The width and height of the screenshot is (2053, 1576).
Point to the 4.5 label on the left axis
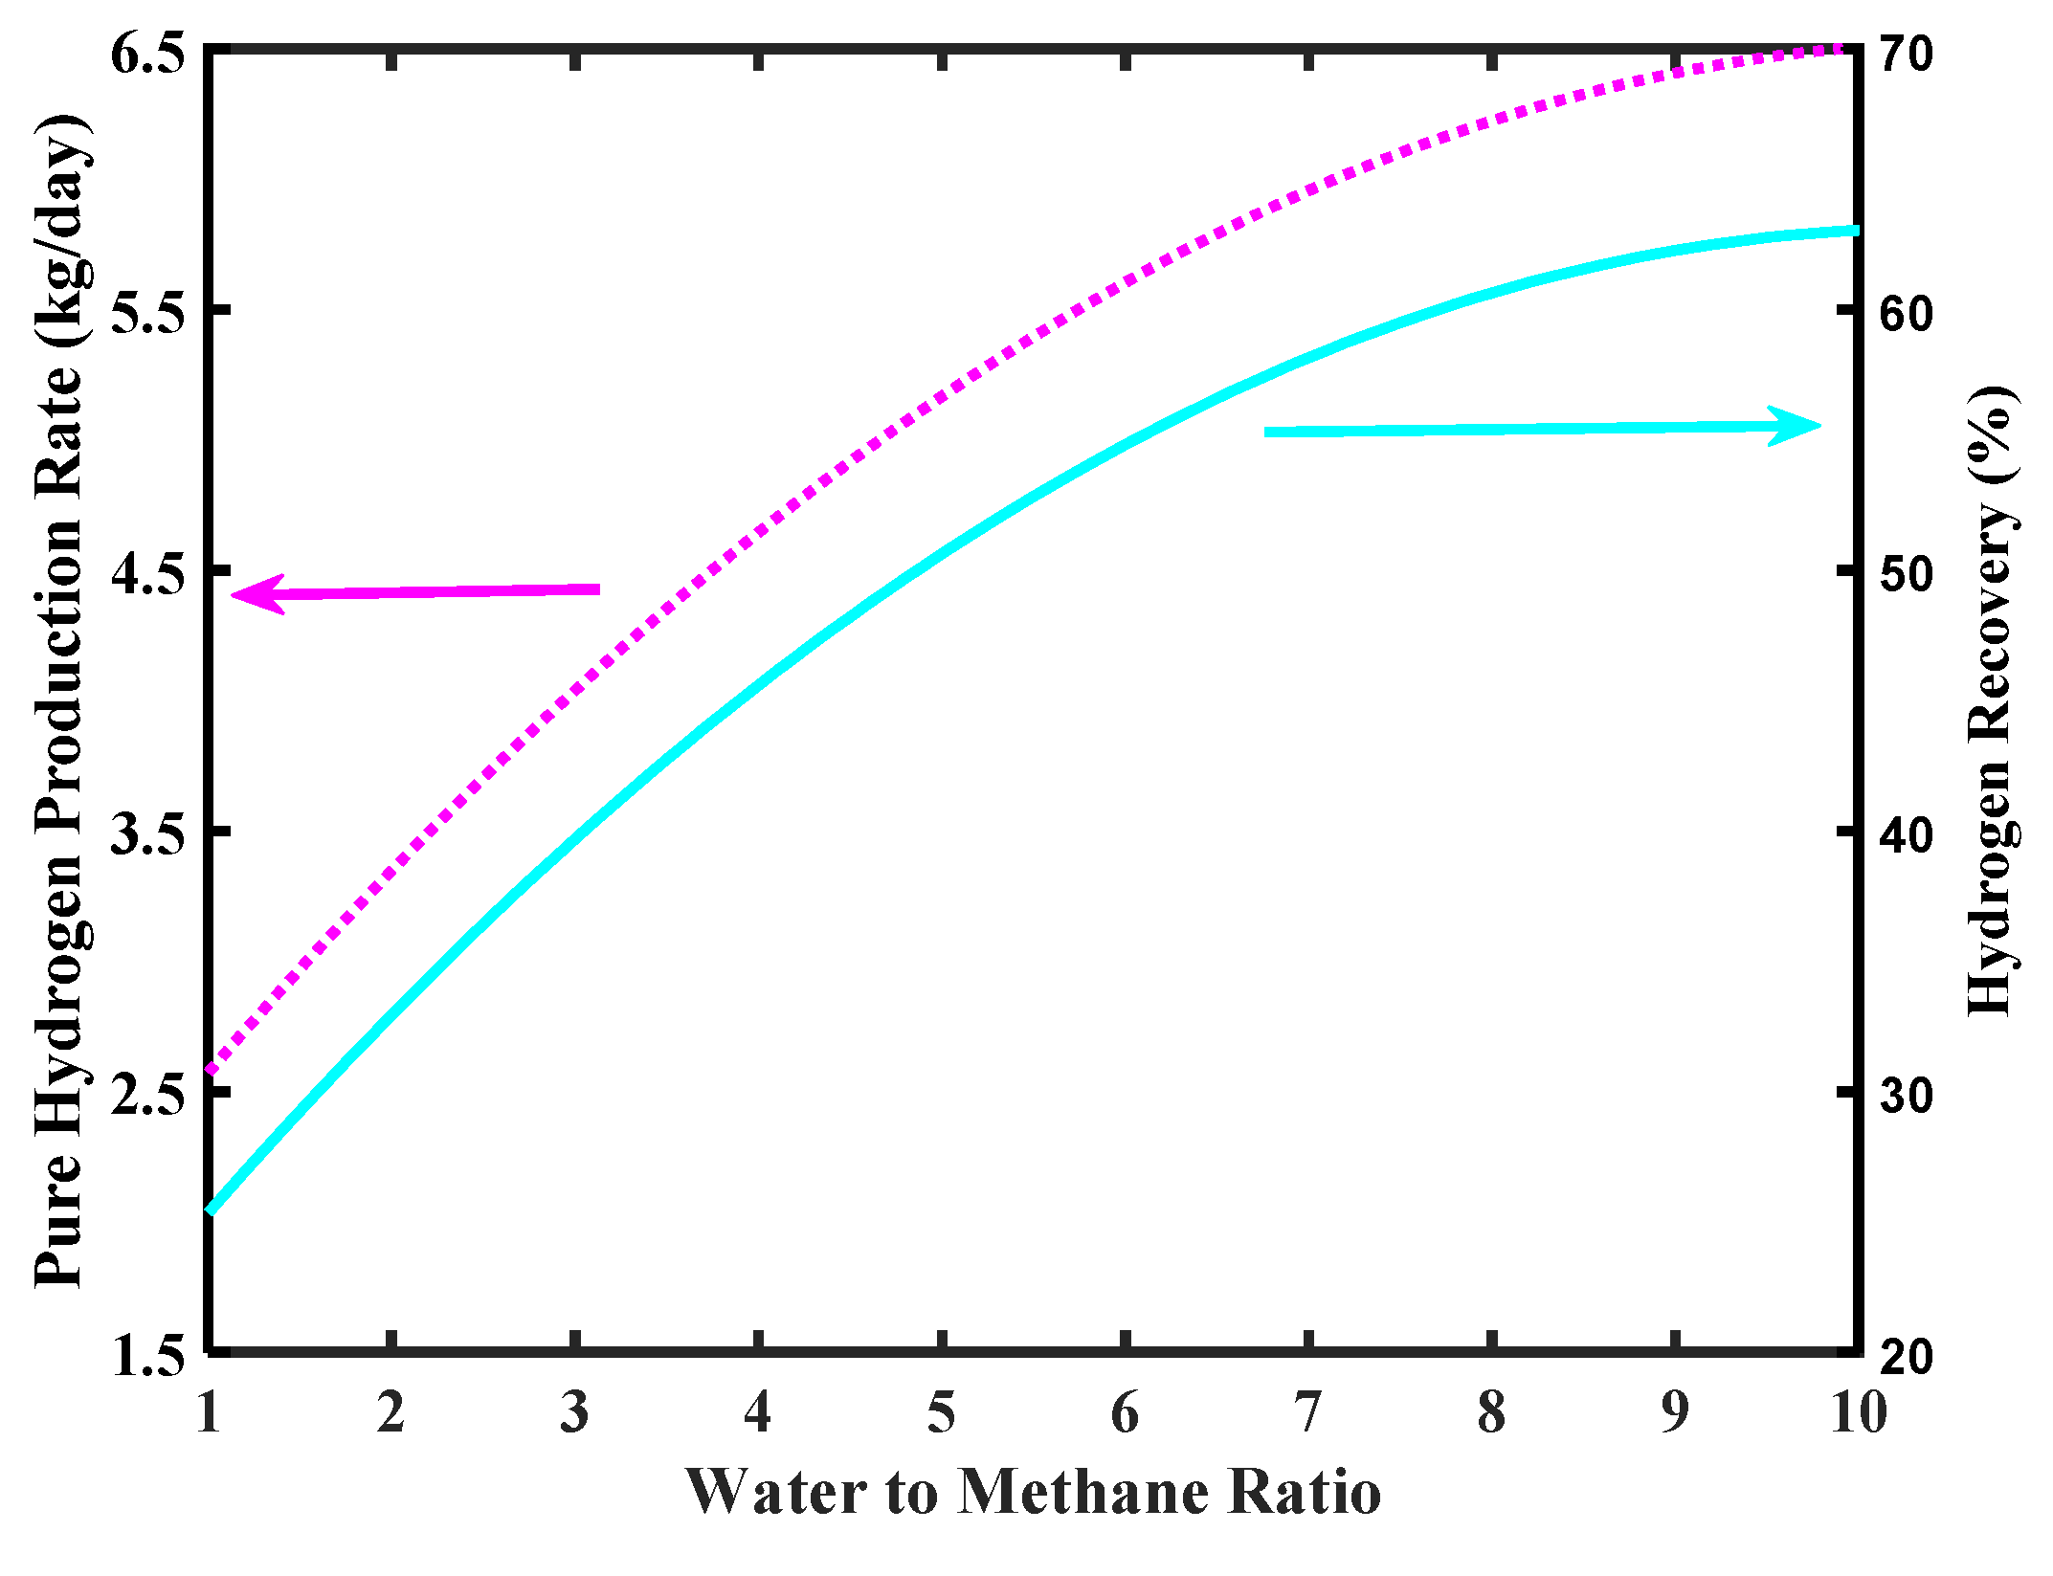146,574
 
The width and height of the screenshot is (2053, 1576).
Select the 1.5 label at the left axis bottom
146,1356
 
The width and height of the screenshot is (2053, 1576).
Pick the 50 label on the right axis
1906,574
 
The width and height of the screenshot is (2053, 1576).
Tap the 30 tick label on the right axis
1906,1095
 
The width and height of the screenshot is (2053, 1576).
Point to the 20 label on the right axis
1906,1356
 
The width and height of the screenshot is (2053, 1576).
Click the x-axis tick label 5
942,1412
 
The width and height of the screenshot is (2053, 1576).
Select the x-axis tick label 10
1858,1412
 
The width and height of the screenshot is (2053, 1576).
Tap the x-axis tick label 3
574,1412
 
